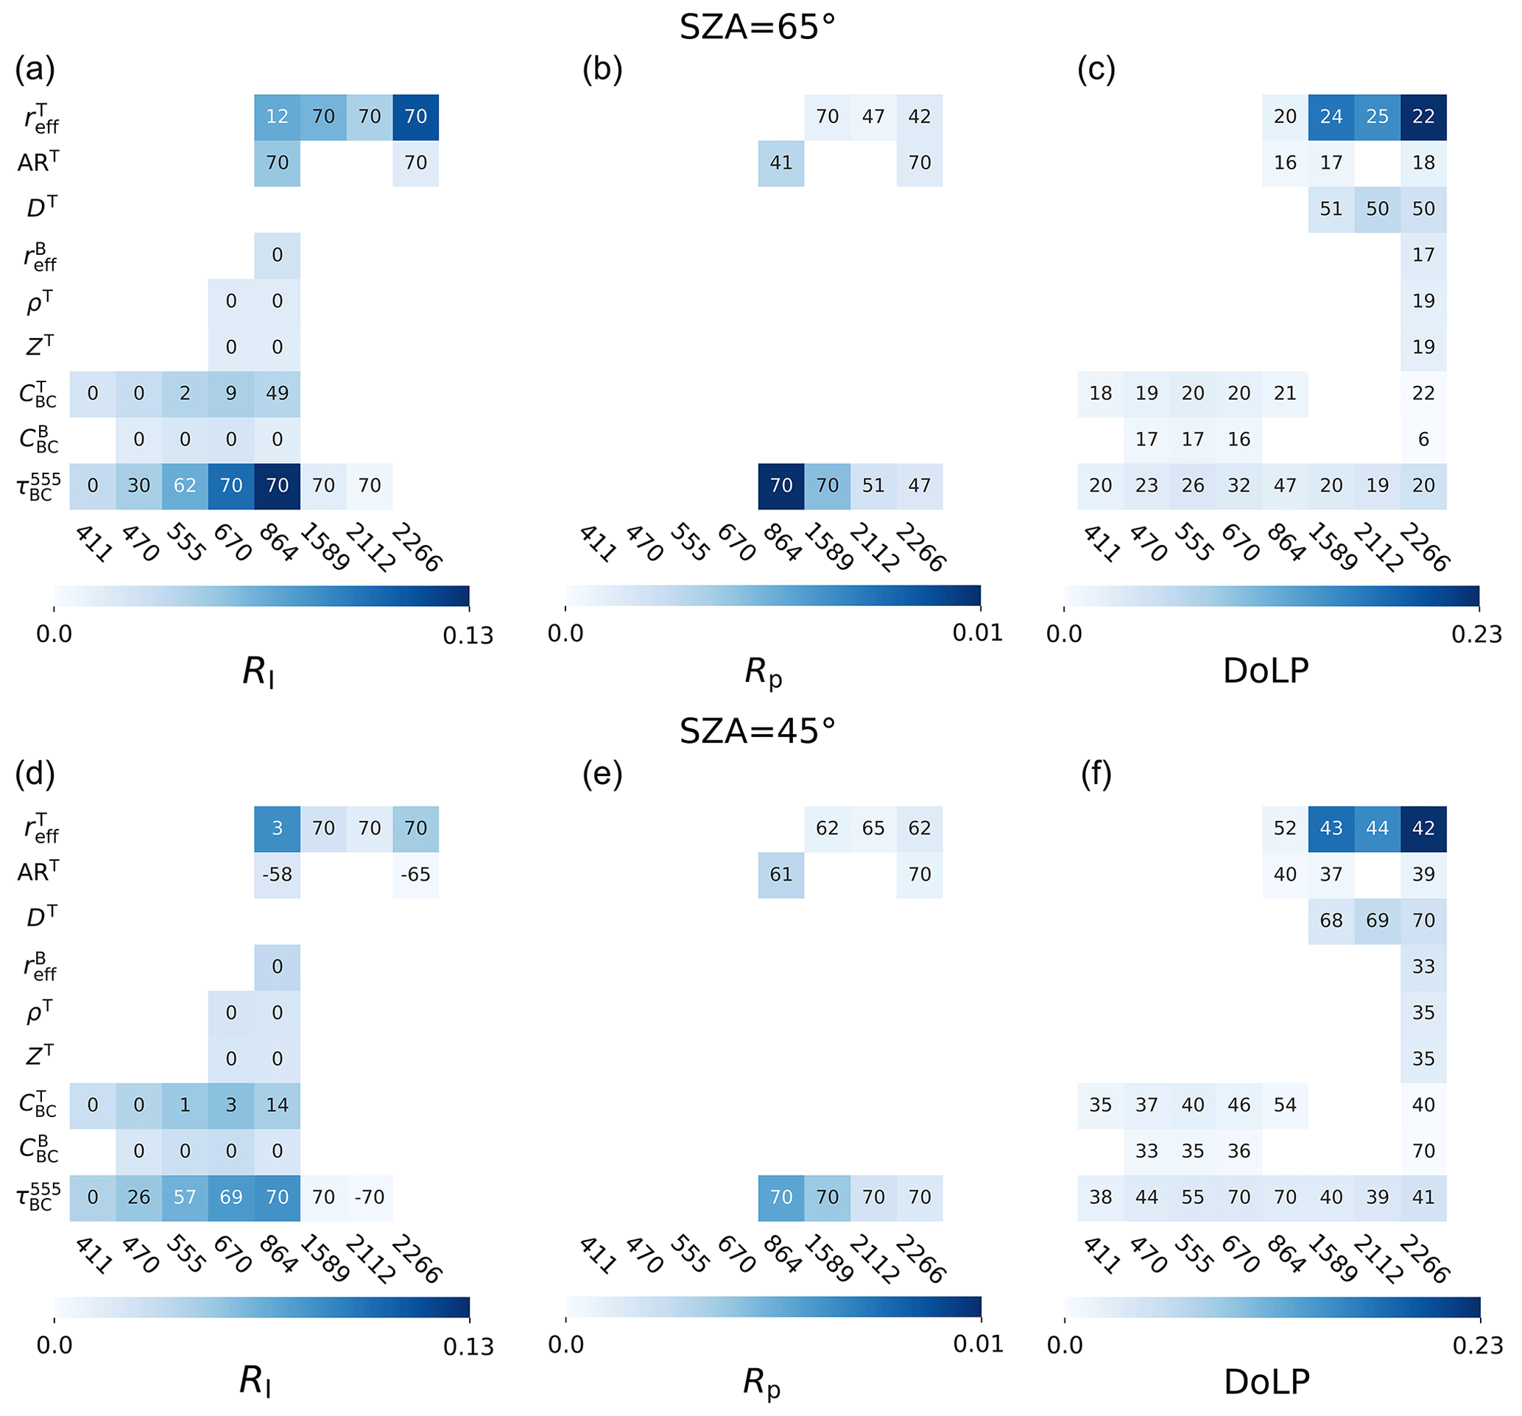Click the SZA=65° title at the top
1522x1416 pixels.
757,27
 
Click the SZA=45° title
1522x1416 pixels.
757,732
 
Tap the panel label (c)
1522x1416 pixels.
1096,70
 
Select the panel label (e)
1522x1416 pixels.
602,775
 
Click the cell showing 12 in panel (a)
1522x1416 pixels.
277,116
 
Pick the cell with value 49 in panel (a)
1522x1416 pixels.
277,393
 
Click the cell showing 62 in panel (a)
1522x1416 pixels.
185,485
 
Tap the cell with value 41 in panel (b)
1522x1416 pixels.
781,162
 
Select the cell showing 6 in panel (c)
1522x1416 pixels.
1423,440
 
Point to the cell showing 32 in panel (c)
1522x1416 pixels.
1239,485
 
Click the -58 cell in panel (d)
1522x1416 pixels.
277,874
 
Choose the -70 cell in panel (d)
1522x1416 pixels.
369,1197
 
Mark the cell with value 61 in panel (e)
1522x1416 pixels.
781,874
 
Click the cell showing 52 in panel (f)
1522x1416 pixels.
1285,828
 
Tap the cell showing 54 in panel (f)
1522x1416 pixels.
1285,1105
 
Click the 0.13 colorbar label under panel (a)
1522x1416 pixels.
468,636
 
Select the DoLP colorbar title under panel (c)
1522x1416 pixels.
1266,672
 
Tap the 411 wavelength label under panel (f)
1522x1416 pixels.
1101,1256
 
